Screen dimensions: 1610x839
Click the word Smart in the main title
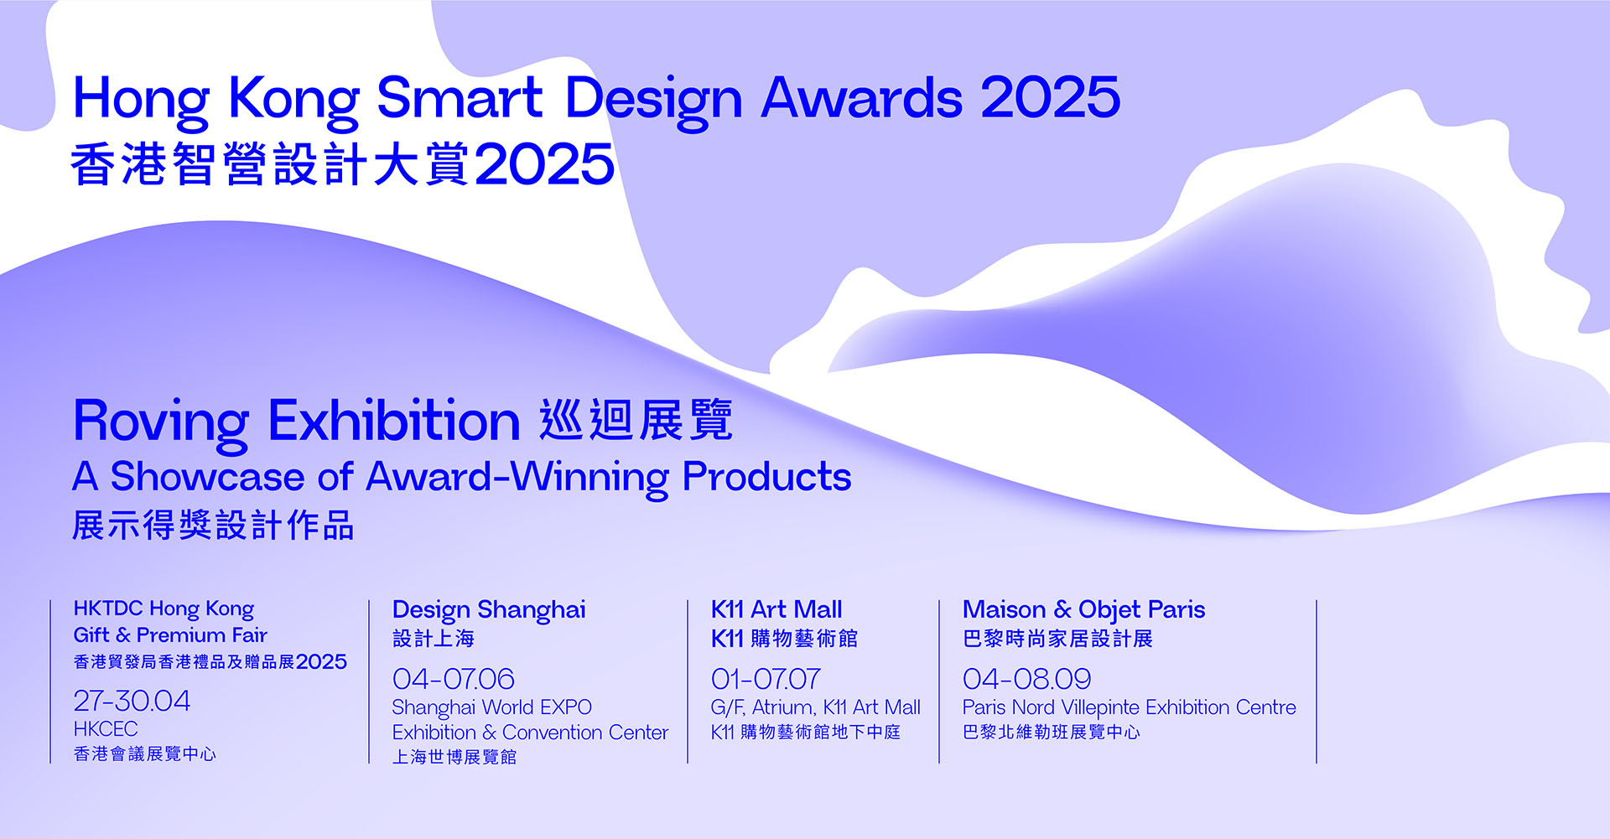460,97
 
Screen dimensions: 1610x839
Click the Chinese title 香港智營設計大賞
270,163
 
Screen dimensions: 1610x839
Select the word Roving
161,422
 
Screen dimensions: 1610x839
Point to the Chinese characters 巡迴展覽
636,420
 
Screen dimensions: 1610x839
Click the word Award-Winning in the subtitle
517,478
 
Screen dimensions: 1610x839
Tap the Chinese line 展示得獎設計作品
213,526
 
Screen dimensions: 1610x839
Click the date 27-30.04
132,701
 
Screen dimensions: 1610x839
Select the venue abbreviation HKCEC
106,729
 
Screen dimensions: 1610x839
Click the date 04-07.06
453,679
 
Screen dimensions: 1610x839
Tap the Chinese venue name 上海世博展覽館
454,757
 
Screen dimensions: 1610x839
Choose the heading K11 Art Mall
776,609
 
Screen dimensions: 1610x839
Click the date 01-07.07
766,679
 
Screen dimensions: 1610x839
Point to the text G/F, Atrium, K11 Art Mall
816,708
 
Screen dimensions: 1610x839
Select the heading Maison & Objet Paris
1083,610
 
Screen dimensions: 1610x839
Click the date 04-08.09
1026,679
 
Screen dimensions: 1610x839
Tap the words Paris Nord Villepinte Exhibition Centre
1130,708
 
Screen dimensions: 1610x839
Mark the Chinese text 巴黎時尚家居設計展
1057,639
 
